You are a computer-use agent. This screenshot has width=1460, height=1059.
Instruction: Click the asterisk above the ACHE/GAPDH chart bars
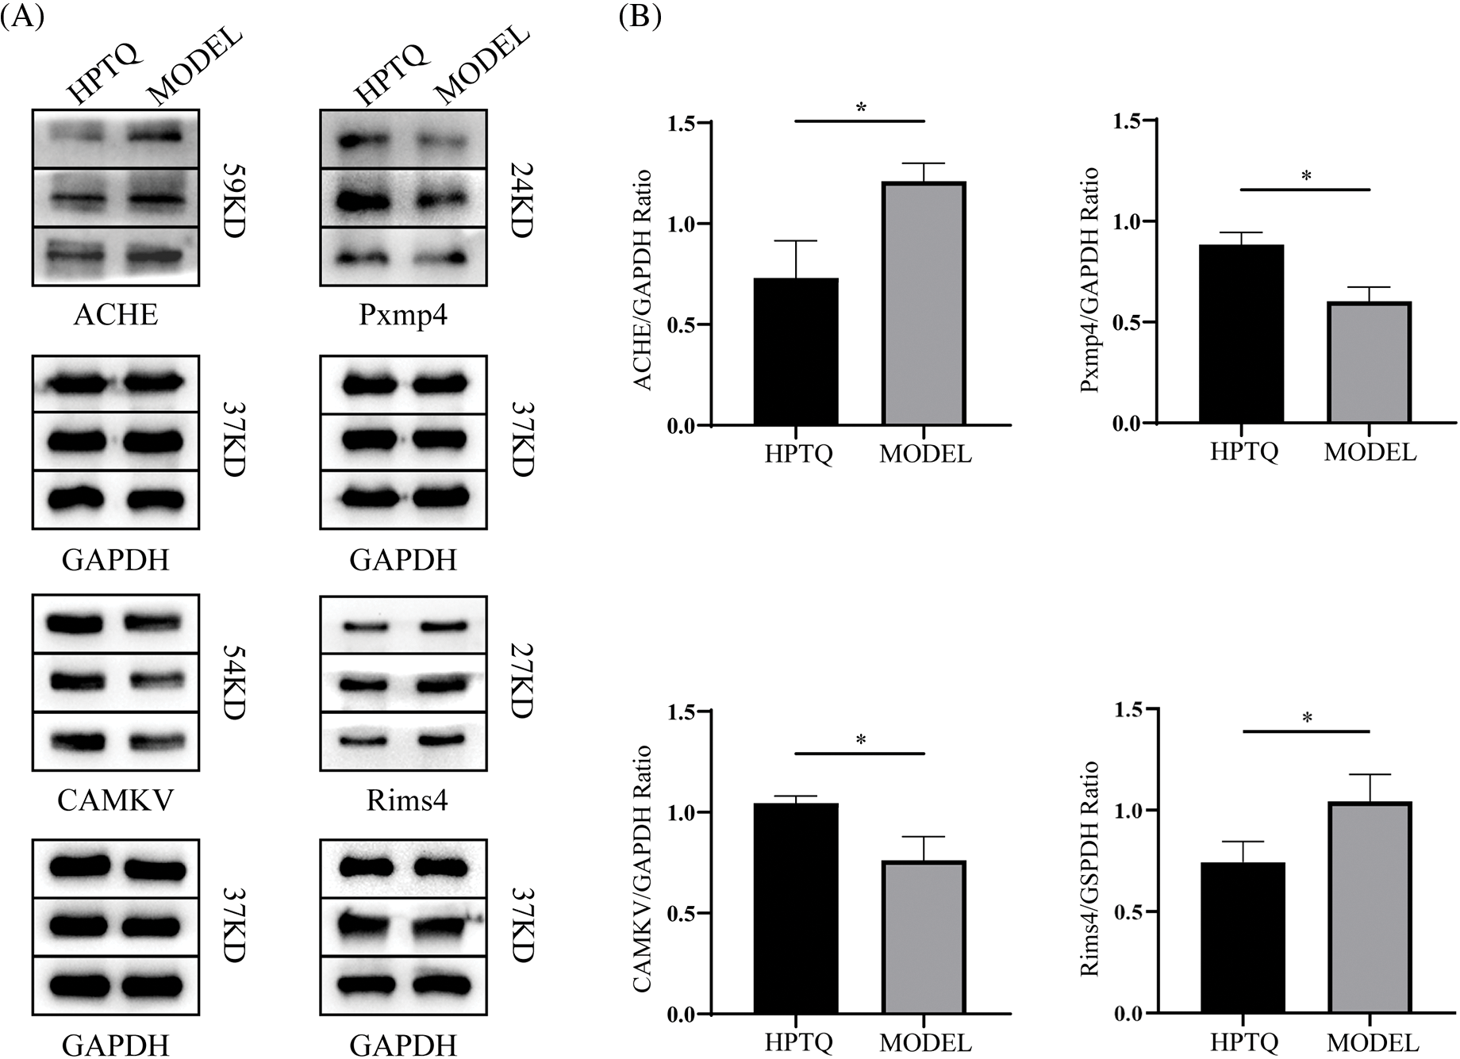pyautogui.click(x=860, y=108)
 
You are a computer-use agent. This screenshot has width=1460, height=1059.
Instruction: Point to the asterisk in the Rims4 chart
pyautogui.click(x=1307, y=719)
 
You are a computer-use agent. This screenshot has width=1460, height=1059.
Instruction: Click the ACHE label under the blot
pyautogui.click(x=116, y=315)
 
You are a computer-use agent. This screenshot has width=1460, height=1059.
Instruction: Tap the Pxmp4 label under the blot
pyautogui.click(x=403, y=315)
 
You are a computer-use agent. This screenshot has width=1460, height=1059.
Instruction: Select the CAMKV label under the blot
pyautogui.click(x=116, y=800)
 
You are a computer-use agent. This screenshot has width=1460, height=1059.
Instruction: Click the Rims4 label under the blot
pyautogui.click(x=407, y=800)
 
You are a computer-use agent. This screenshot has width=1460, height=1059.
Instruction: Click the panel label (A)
pyautogui.click(x=22, y=17)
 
